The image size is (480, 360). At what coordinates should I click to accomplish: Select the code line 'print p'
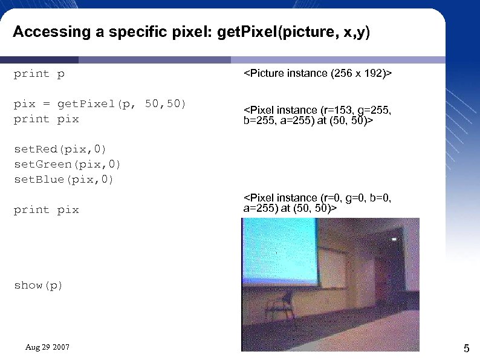39,74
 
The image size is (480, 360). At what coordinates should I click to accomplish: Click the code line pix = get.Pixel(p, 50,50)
100,104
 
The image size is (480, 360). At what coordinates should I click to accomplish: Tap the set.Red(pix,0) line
60,149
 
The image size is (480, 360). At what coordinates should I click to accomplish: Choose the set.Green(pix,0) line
67,164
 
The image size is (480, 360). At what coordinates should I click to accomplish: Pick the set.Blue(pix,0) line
63,179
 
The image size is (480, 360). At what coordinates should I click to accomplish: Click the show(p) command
38,285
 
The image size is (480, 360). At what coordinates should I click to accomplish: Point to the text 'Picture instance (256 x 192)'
317,74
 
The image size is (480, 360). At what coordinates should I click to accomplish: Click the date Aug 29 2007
47,347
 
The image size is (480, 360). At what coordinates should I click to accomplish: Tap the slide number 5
466,348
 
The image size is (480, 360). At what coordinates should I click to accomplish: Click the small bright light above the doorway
394,240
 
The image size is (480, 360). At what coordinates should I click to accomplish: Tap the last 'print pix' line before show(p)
47,209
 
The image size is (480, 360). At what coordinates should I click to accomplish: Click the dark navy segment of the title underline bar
39,60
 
